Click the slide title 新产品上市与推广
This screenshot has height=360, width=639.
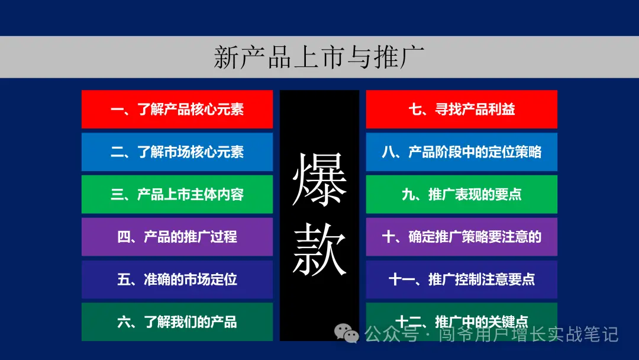[319, 57]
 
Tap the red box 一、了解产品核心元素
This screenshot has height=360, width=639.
[177, 109]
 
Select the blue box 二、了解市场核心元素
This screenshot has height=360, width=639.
[177, 152]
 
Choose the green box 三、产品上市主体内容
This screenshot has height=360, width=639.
[177, 194]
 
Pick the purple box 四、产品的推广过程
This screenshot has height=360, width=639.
[177, 237]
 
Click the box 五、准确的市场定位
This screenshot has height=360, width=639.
[177, 279]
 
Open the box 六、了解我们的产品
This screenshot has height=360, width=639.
[177, 322]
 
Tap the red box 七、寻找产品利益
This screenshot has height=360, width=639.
[461, 109]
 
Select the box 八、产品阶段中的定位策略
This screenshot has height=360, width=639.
[461, 152]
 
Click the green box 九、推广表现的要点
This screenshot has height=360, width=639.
[461, 194]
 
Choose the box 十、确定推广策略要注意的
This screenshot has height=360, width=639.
[461, 237]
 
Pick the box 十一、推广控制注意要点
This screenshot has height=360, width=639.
[461, 279]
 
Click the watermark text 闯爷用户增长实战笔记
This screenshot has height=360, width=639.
[528, 335]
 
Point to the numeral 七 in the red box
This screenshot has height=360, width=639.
[415, 110]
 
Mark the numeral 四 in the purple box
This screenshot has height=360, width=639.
[124, 237]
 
